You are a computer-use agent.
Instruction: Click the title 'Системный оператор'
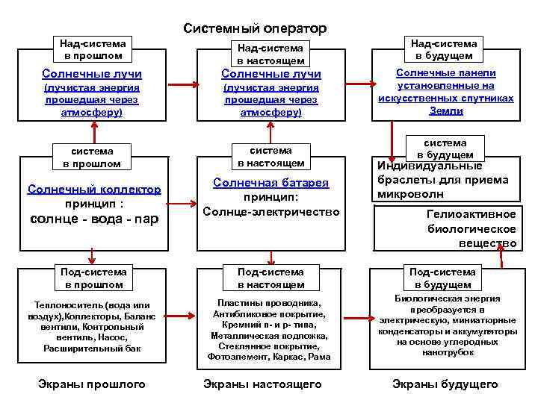(255, 28)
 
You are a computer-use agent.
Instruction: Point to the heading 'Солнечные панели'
(445, 73)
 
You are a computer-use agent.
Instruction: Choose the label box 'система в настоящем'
(271, 156)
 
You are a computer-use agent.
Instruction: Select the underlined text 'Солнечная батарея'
(271, 183)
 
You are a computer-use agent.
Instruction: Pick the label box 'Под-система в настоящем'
(271, 278)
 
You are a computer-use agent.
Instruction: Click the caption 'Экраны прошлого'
(92, 384)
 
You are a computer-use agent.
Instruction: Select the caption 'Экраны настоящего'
(262, 384)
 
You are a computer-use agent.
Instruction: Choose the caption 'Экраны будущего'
(445, 384)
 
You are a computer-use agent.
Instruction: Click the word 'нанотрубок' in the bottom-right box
(445, 352)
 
